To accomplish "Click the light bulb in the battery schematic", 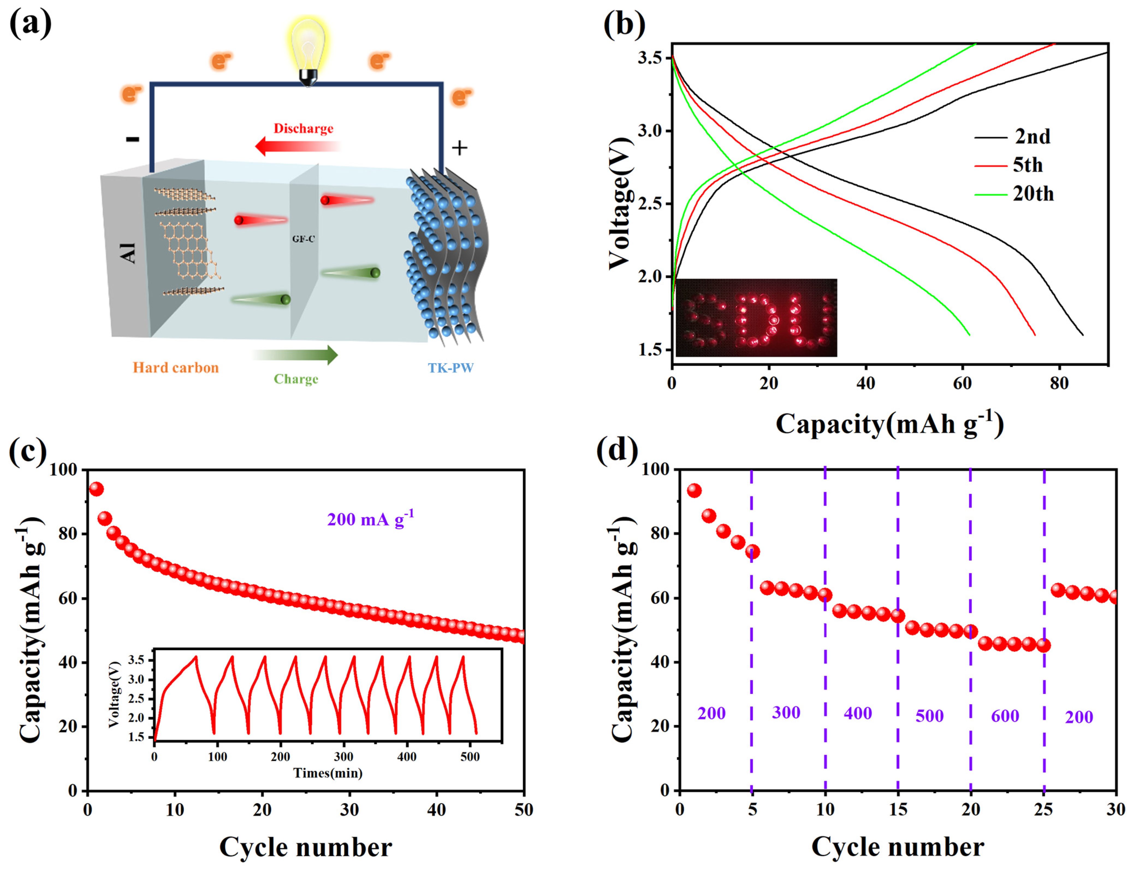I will pyautogui.click(x=308, y=49).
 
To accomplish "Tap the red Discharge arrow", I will pyautogui.click(x=298, y=147).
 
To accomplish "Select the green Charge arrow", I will pyautogui.click(x=295, y=355).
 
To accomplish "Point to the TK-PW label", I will pyautogui.click(x=450, y=368).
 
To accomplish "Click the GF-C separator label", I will pyautogui.click(x=303, y=239).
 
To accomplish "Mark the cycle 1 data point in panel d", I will pyautogui.click(x=694, y=490).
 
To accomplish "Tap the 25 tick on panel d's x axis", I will pyautogui.click(x=1043, y=809).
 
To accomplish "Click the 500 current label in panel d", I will pyautogui.click(x=930, y=716).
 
